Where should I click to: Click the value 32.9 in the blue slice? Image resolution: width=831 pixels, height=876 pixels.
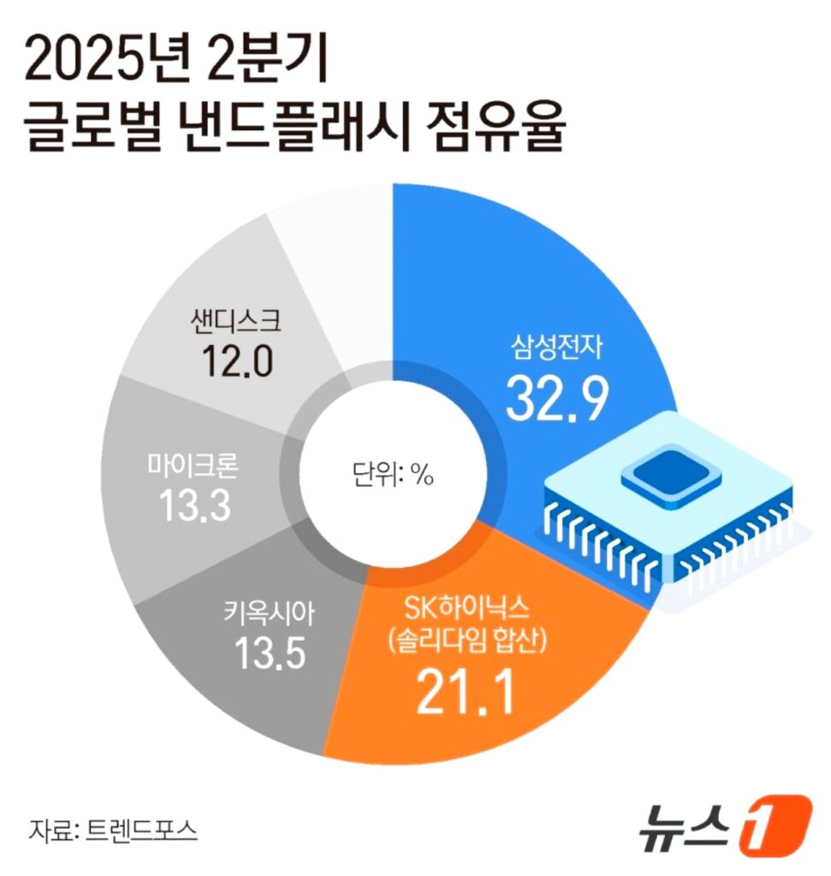point(556,400)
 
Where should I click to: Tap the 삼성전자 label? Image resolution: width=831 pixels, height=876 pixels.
point(556,347)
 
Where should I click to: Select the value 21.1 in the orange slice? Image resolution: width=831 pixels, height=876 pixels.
point(465,693)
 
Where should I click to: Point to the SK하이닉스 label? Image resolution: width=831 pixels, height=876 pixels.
point(467,608)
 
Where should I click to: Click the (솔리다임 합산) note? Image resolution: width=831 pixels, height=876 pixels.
point(467,642)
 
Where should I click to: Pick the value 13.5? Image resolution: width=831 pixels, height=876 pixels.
point(270,653)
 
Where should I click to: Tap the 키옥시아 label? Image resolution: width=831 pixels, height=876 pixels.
point(269,613)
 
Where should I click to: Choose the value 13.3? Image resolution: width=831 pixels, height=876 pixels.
point(194,506)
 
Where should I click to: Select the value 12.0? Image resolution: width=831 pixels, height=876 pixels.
point(237,360)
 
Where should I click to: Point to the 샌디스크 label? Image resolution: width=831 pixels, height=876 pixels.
point(236,322)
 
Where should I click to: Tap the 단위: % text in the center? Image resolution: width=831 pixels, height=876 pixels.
point(393,476)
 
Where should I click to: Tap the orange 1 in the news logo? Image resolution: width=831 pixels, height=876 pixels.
point(775,825)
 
